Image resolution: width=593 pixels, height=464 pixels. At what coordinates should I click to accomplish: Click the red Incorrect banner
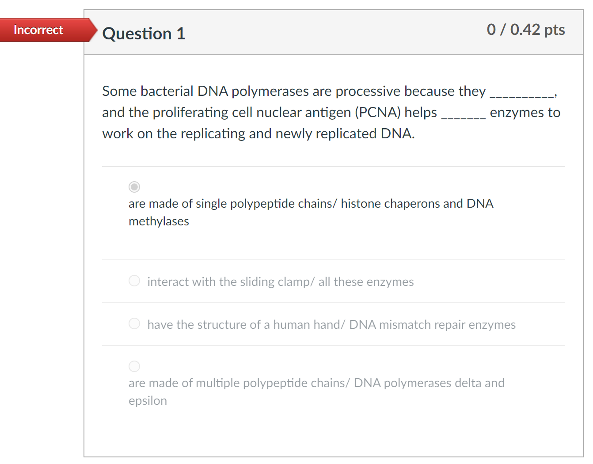pos(39,30)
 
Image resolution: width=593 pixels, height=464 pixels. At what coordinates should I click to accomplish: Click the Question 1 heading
pos(144,34)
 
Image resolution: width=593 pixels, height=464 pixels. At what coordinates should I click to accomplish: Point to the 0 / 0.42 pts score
pos(525,30)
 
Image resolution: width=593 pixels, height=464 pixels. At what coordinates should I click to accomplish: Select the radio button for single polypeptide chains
pos(134,187)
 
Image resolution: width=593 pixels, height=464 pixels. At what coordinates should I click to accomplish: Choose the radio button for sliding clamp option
pos(134,281)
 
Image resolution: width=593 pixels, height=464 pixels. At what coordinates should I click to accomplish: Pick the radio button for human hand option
pos(134,324)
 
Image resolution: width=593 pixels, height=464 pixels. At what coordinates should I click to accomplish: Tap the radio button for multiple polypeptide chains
pos(134,366)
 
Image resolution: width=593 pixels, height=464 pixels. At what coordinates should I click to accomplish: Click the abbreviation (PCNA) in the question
pos(378,112)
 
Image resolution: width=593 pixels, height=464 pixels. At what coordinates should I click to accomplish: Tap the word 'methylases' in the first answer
pos(159,221)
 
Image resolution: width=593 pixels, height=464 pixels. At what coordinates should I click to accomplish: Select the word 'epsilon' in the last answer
pos(148,401)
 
